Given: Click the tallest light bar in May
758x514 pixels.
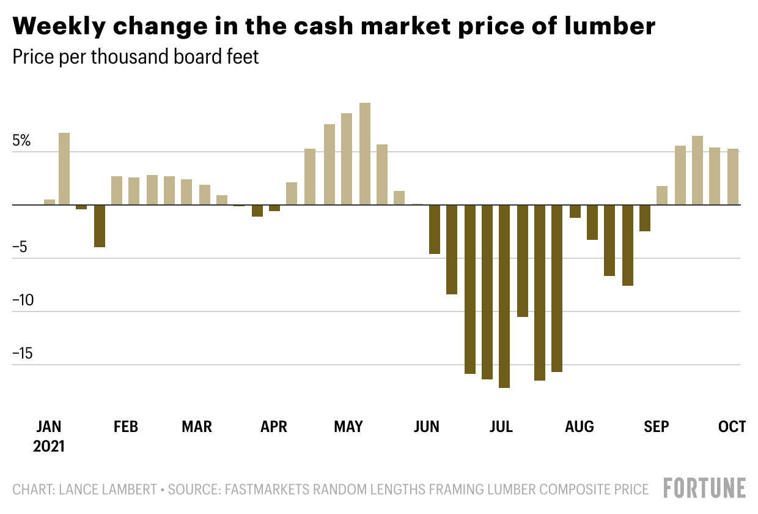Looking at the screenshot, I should (365, 154).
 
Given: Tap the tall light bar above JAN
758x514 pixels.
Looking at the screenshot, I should (64, 168).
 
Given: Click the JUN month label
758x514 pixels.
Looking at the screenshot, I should (426, 426).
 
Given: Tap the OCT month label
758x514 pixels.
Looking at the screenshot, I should (732, 426).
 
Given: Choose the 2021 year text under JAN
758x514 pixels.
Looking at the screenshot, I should (49, 446).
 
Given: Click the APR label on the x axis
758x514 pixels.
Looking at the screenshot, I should (273, 426).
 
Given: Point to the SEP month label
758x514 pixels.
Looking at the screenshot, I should (656, 426).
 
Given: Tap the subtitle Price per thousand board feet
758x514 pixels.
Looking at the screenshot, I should (136, 58).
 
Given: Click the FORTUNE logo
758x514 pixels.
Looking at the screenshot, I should (705, 488).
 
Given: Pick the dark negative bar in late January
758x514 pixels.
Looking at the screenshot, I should (100, 226).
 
